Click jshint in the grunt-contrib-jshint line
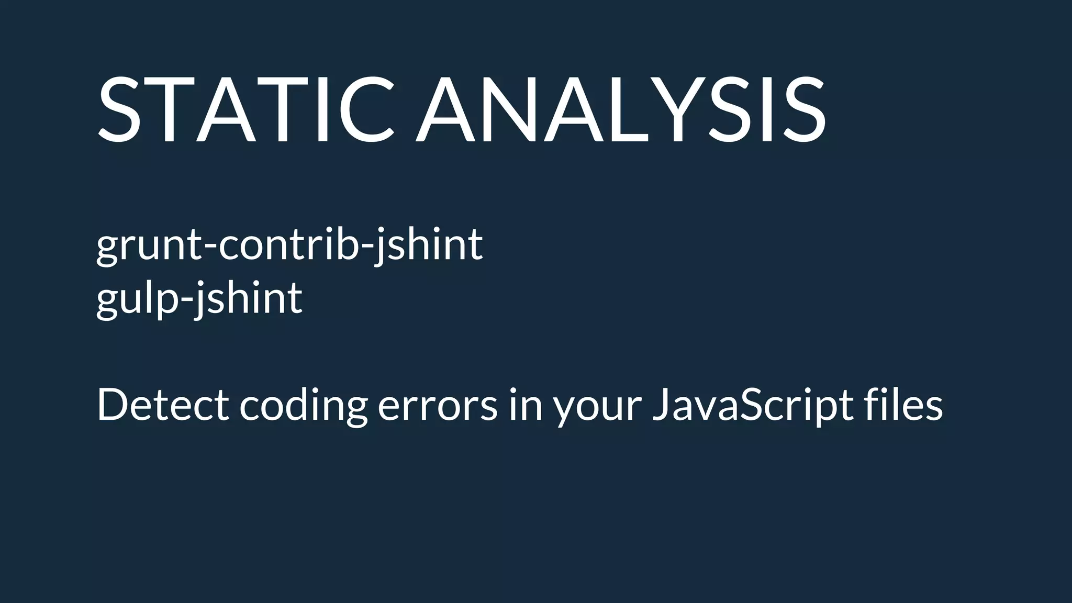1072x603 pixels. point(428,245)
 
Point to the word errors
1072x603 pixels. point(437,406)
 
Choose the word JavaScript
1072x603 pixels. point(753,406)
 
